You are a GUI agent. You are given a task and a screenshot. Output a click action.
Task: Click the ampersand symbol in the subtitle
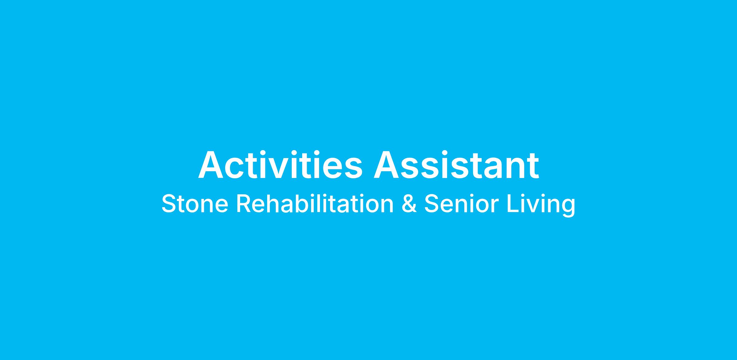coord(409,204)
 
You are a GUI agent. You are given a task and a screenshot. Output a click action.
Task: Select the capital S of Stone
coord(170,204)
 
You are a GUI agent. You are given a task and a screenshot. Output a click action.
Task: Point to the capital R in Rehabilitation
coord(244,204)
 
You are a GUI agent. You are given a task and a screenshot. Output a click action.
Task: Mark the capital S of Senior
coord(432,204)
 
